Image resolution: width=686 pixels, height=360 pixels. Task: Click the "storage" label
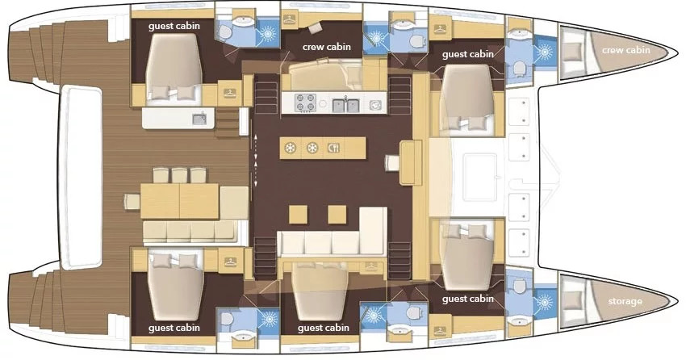pos(625,301)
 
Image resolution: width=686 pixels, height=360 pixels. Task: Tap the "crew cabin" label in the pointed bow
pos(625,50)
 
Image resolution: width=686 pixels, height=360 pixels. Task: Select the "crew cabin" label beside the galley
pos(326,47)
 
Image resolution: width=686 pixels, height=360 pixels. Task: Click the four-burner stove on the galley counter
pos(306,103)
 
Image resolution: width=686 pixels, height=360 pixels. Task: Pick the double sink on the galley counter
pos(346,105)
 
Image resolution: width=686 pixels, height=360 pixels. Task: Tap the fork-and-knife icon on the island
pos(333,148)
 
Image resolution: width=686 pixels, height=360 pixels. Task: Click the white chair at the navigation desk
pos(392,163)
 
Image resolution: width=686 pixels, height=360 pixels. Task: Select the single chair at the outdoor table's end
pos(132,201)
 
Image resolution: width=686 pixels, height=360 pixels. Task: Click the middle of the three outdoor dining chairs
pos(179,175)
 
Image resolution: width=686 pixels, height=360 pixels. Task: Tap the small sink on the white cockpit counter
pos(199,118)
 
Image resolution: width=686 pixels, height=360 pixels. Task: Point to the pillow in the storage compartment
pos(571,300)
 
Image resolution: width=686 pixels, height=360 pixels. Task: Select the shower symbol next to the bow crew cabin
pos(545,52)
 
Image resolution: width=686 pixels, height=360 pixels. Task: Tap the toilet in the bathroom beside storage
pos(519,286)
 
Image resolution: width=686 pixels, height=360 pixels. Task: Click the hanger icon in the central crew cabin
pos(289,19)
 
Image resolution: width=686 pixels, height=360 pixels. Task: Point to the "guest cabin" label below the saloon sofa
pos(324,328)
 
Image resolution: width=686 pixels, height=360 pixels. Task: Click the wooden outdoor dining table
pos(179,201)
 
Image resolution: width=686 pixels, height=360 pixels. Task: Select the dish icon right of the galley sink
pos(375,105)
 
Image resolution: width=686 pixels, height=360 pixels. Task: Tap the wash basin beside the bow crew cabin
pos(519,33)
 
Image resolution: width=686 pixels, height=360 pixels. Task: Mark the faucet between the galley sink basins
pos(345,100)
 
